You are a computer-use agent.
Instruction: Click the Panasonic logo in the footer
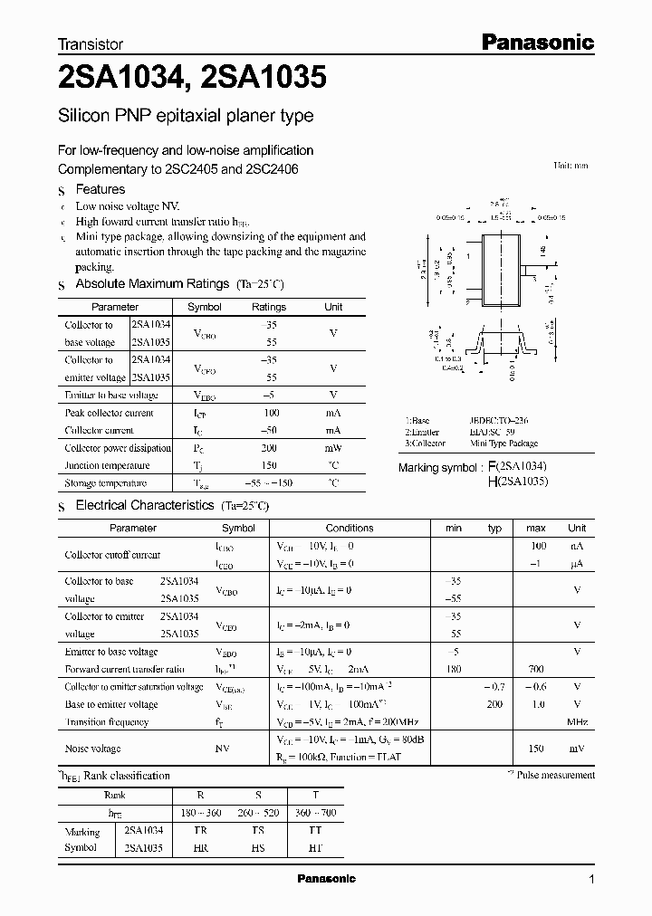coord(327,879)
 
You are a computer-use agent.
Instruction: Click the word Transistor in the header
coord(91,43)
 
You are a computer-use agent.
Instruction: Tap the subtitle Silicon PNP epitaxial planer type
coord(186,116)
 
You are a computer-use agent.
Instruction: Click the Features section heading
coord(100,189)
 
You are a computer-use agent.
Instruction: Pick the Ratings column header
coord(269,307)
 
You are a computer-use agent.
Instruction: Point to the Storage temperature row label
coord(106,484)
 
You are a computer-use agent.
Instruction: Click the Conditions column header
coord(350,528)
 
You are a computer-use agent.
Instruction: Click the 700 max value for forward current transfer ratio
coord(536,669)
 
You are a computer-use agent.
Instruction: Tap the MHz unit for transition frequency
coord(577,722)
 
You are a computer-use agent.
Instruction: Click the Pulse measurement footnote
coord(554,775)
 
